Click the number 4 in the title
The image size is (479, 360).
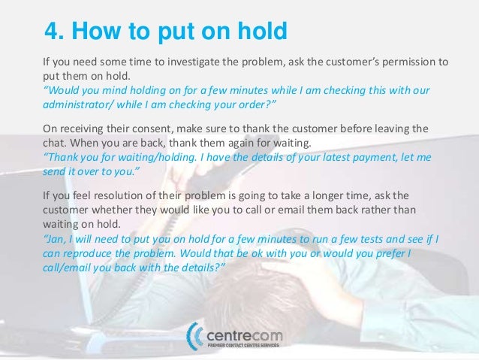53,32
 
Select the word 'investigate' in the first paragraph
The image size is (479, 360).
191,62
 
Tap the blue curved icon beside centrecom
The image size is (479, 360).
197,336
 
